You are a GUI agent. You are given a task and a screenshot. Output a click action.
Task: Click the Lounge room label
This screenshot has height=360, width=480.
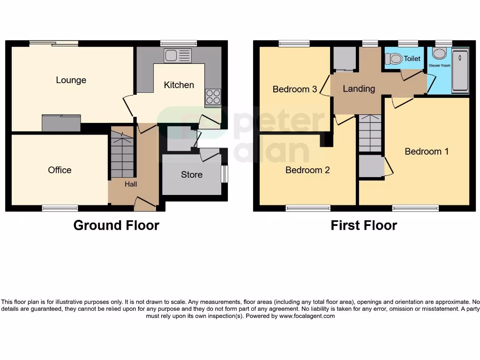[x=71, y=80]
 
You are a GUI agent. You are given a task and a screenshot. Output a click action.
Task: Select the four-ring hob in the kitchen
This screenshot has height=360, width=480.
[x=213, y=97]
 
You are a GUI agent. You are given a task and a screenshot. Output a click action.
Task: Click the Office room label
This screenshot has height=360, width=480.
[x=60, y=170]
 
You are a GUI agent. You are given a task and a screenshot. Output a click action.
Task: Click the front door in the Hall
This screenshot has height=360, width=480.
[x=145, y=202]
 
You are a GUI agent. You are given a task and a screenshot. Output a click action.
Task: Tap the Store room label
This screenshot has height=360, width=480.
[x=192, y=175]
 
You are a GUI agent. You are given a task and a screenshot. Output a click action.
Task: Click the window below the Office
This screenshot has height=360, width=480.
[x=60, y=208]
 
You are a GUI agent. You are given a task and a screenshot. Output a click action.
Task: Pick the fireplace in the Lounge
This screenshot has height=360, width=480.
[x=61, y=123]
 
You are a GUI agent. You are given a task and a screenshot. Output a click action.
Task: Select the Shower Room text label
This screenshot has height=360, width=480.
[x=439, y=66]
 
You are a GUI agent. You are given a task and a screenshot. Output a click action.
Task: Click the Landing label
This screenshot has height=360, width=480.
[x=359, y=89]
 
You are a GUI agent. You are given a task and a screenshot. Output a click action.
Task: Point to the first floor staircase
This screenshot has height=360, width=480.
[x=370, y=133]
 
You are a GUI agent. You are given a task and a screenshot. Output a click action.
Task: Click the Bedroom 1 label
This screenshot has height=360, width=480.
[x=427, y=151]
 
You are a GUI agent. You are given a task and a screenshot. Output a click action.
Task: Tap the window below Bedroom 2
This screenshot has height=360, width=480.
[x=308, y=208]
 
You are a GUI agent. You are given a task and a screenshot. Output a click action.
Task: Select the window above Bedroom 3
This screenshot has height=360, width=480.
[x=294, y=44]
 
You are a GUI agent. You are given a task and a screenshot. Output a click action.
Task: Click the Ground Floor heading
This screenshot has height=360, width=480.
[x=116, y=225]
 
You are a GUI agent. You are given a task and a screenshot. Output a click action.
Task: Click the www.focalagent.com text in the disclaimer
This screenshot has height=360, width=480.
[x=307, y=316]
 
